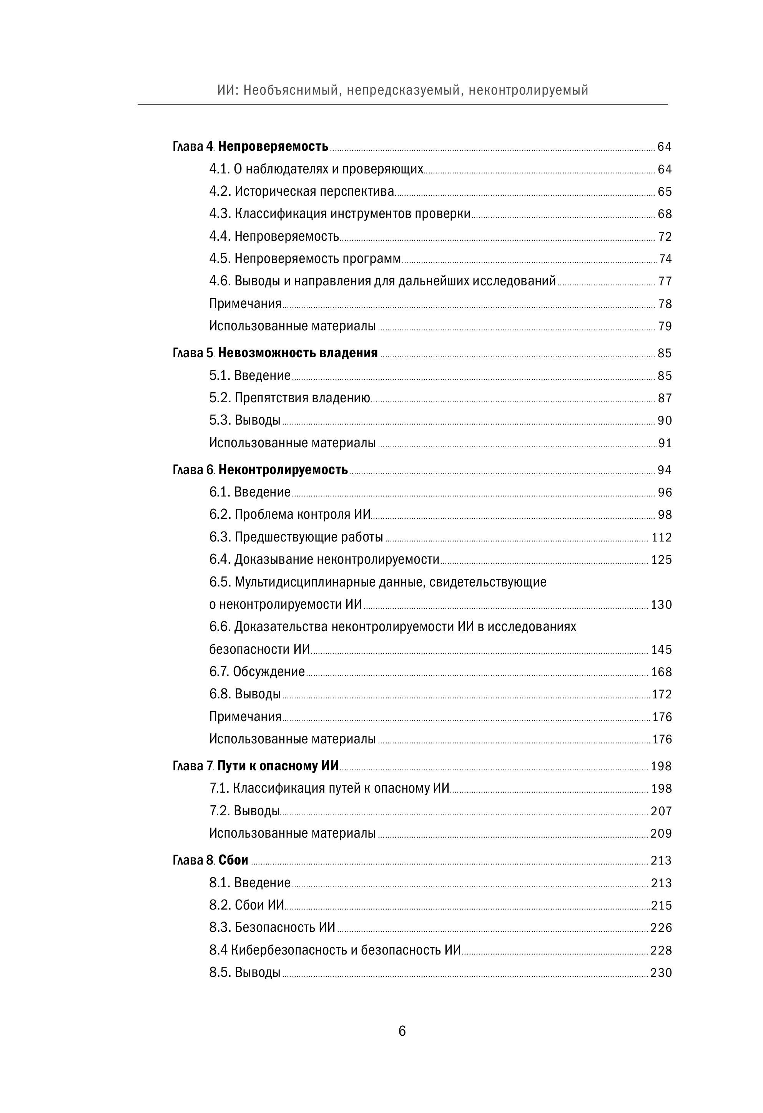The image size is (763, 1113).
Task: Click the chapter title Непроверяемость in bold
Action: [x=273, y=147]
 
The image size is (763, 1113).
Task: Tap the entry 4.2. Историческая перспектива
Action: [x=302, y=192]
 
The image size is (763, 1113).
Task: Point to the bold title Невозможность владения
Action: [x=298, y=353]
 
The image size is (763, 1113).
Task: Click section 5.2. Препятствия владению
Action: [x=289, y=398]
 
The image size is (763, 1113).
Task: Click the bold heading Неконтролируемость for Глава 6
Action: [x=283, y=470]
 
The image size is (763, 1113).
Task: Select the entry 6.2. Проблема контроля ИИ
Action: [x=290, y=514]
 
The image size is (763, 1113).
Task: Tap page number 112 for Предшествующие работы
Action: [x=662, y=537]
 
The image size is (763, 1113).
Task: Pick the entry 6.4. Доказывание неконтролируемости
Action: [x=324, y=559]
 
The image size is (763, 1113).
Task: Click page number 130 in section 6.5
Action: [x=662, y=605]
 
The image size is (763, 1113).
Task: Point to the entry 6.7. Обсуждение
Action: [x=257, y=671]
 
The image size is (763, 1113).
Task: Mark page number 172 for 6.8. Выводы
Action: [x=662, y=695]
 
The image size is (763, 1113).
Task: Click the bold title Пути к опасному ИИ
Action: [x=278, y=766]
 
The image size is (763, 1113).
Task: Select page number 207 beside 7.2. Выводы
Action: [x=662, y=811]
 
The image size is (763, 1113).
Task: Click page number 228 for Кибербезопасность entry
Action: [x=661, y=950]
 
